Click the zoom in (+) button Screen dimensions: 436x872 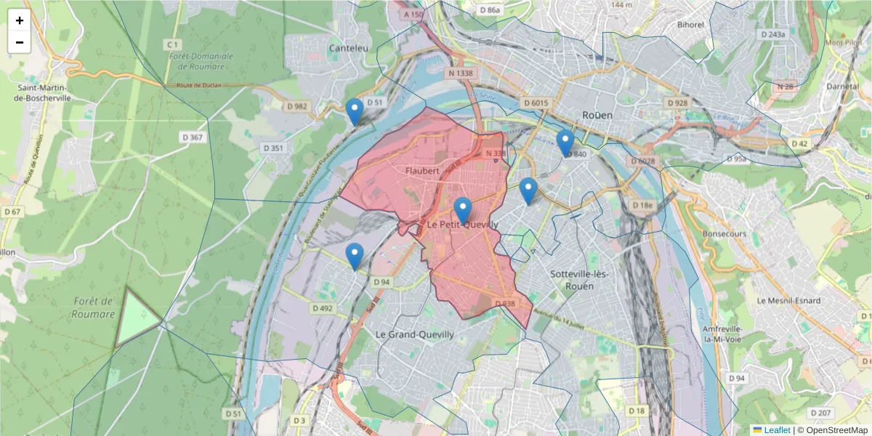pyautogui.click(x=20, y=20)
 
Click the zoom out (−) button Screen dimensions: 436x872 pyautogui.click(x=20, y=42)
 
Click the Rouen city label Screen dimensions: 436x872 pyautogui.click(x=597, y=115)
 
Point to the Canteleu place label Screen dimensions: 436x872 pyautogui.click(x=349, y=48)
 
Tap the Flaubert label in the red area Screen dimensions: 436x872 pyautogui.click(x=423, y=171)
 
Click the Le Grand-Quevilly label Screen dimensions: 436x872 pyautogui.click(x=414, y=334)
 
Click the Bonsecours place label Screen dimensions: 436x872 pyautogui.click(x=724, y=234)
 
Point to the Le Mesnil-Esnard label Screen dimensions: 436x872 pyautogui.click(x=788, y=300)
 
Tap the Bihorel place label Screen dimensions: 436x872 pyautogui.click(x=690, y=25)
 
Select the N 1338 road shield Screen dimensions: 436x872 pyautogui.click(x=460, y=73)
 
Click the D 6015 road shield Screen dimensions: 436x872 pyautogui.click(x=536, y=103)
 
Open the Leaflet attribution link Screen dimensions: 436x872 pyautogui.click(x=777, y=430)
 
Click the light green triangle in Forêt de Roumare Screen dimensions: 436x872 pyautogui.click(x=137, y=318)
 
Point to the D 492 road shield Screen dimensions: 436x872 pyautogui.click(x=323, y=308)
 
